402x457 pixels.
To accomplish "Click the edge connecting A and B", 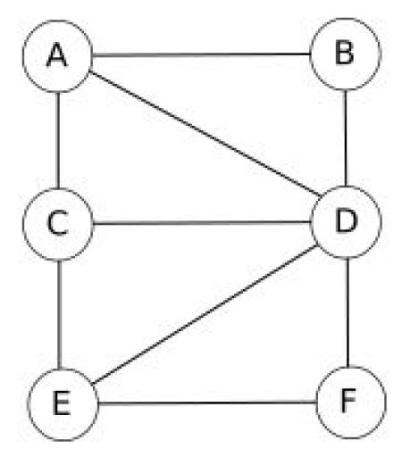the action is (201, 54).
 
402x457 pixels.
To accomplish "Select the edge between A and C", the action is (58, 140).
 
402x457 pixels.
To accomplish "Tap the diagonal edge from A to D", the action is (205, 134).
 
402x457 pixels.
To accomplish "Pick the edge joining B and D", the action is (346, 138).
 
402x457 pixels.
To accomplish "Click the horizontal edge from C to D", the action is (202, 222).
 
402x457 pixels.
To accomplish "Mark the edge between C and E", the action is (60, 315).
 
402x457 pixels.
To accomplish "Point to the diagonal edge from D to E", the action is (205, 314).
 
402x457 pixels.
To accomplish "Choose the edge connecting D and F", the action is (348, 312).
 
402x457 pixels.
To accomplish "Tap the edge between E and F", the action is (206, 403).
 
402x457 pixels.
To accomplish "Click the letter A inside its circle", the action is (56, 54).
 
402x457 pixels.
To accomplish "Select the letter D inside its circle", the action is (346, 220).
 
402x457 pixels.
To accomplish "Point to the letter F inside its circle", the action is (348, 401).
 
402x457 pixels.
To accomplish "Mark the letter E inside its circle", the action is (62, 403).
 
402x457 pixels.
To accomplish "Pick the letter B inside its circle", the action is (345, 53).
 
